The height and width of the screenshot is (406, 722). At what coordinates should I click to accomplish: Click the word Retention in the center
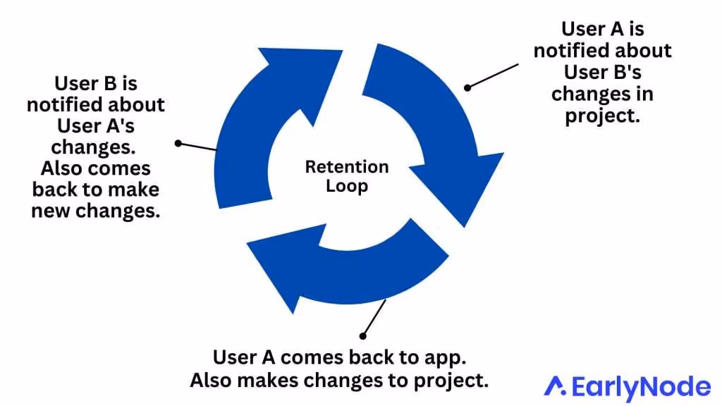(346, 167)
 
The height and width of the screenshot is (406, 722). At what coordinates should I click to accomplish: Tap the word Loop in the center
(346, 187)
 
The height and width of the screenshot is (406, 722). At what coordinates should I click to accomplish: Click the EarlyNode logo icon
(556, 386)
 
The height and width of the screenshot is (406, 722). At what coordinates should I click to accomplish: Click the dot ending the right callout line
(467, 87)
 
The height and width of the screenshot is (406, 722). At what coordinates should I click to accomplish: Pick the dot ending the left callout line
(178, 143)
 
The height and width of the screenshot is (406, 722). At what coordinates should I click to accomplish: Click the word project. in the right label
(602, 116)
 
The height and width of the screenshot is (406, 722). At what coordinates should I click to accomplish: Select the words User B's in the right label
(602, 73)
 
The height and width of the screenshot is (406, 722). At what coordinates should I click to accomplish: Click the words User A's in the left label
(95, 127)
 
